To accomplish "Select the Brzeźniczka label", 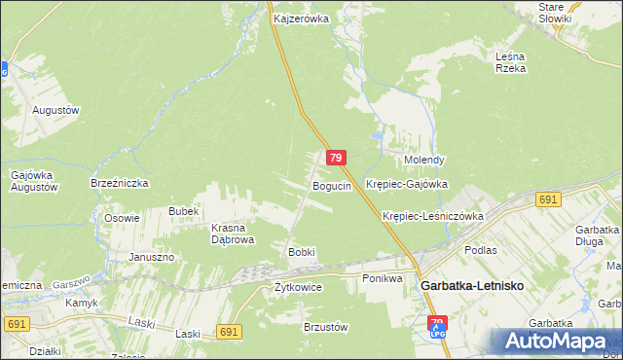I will (x=119, y=182).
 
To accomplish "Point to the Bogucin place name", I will (x=331, y=185).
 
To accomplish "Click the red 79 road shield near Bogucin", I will (x=335, y=158).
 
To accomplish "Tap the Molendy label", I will (x=424, y=160).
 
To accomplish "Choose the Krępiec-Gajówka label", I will (x=406, y=183).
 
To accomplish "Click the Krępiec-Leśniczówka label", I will (x=433, y=216).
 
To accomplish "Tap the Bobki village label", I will (x=301, y=252).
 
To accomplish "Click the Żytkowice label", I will (x=298, y=287).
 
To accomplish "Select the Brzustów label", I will (x=326, y=327).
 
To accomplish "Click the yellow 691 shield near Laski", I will (x=229, y=332).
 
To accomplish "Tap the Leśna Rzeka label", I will (x=510, y=62).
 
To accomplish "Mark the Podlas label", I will (x=481, y=250).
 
